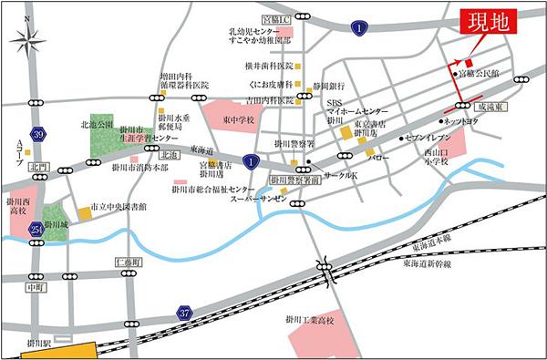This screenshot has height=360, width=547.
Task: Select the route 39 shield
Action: click(36, 135)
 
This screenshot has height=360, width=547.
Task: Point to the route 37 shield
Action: click(187, 312)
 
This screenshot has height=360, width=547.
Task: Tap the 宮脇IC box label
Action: click(274, 18)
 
